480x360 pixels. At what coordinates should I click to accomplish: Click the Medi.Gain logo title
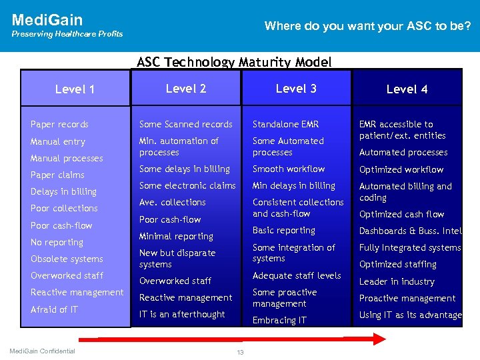[x=47, y=20]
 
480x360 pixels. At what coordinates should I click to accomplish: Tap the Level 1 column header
[x=75, y=89]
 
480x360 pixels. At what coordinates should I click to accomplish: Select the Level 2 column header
[x=185, y=88]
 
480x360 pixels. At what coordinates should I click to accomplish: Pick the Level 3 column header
[x=296, y=88]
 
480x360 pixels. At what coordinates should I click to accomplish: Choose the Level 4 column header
[x=407, y=89]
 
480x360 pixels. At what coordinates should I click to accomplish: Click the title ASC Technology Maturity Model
[x=234, y=62]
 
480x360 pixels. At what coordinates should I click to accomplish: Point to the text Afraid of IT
[x=54, y=309]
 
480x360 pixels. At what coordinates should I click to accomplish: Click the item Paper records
[x=59, y=124]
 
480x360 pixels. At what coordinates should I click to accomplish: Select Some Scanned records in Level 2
[x=185, y=124]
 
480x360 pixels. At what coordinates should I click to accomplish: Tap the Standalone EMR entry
[x=285, y=124]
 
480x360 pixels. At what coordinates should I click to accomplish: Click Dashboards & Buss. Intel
[x=410, y=231]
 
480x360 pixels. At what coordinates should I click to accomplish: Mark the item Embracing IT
[x=279, y=320]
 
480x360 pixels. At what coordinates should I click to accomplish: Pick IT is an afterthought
[x=182, y=314]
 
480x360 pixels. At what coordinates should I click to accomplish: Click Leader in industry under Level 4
[x=397, y=281]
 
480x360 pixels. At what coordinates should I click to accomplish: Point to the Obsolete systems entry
[x=67, y=259]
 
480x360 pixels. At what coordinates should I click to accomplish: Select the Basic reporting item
[x=283, y=230]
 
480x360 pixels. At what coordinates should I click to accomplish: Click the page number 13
[x=240, y=352]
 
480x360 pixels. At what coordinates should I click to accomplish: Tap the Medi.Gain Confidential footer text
[x=42, y=351]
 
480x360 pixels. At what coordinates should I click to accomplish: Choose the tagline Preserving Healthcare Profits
[x=67, y=34]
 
